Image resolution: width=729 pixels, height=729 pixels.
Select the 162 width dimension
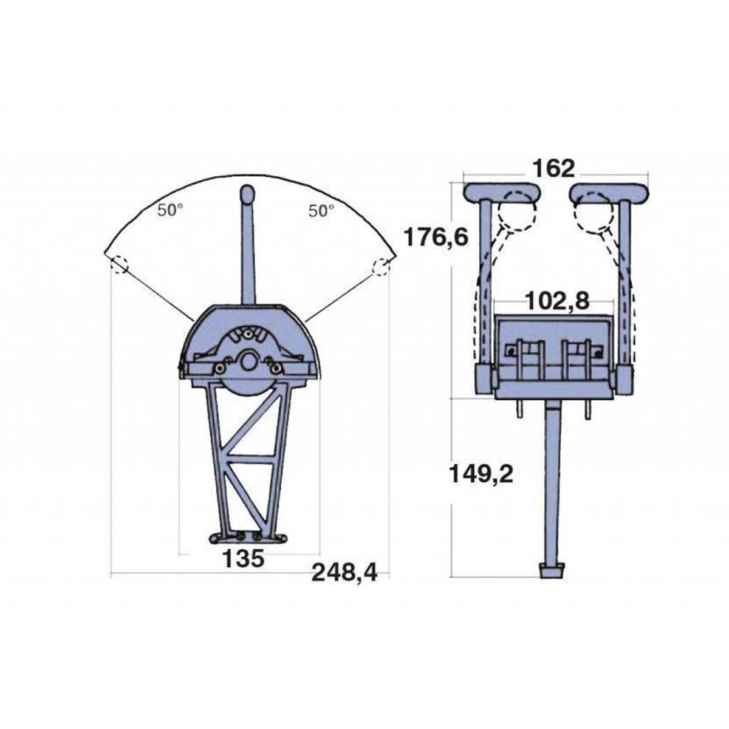pos(553,168)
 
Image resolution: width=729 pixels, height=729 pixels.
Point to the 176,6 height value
pos(436,238)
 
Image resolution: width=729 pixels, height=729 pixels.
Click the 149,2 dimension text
pos(481,474)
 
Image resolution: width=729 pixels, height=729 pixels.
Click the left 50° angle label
pos(170,210)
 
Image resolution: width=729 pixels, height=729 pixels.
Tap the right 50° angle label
pos(321,211)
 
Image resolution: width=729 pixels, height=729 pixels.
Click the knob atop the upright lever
pos(248,194)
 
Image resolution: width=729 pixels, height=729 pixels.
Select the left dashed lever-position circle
pos(120,265)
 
